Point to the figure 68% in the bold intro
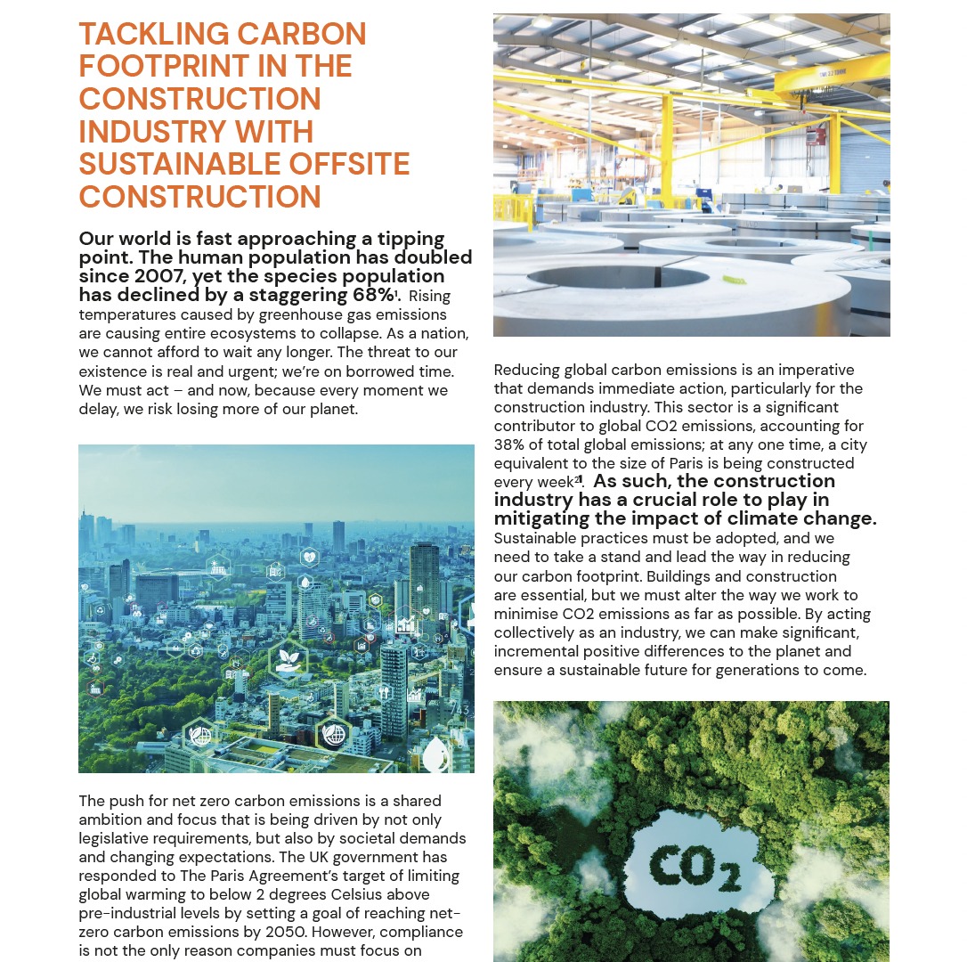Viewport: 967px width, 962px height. pyautogui.click(x=367, y=295)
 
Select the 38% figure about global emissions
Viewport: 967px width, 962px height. pyautogui.click(x=509, y=444)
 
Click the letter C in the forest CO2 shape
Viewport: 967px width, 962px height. pyautogui.click(x=669, y=863)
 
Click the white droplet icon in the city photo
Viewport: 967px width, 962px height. pyautogui.click(x=435, y=755)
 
